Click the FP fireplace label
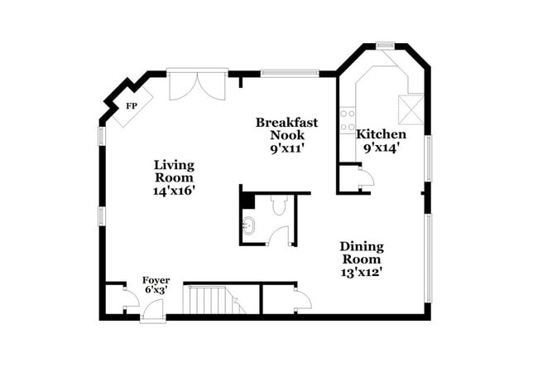131,107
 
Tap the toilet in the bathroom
279,205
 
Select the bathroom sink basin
249,224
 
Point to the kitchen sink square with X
410,109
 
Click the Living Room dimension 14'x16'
174,191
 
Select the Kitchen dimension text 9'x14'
381,148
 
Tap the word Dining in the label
362,246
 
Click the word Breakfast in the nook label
286,122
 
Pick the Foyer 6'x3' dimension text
156,291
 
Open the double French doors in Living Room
197,85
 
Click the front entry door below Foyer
153,311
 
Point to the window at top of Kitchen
385,45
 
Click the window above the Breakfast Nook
291,73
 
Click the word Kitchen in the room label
381,134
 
